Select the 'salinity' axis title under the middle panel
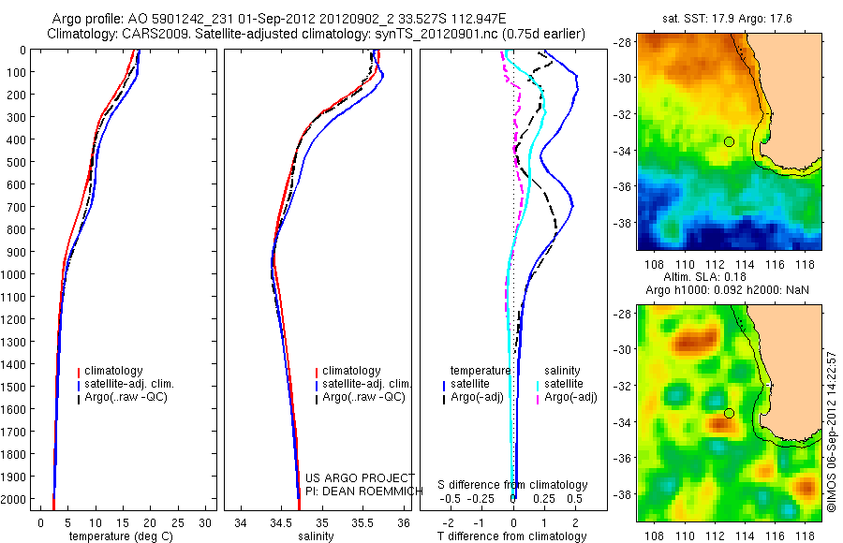316,536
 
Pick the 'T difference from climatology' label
513,536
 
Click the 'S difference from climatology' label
513,485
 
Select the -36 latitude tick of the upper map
623,186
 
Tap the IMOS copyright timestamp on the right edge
831,431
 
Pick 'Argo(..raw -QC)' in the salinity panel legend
363,397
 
